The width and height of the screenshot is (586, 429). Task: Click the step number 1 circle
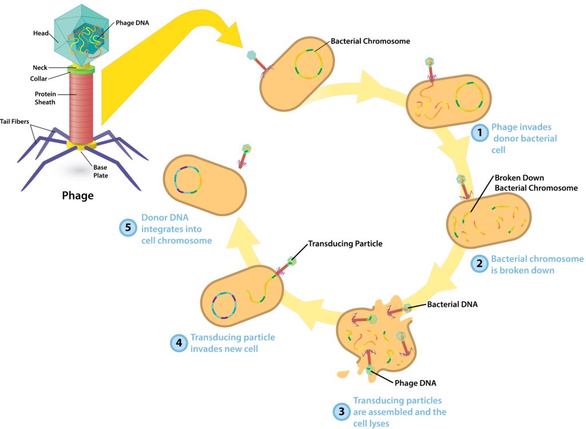[478, 132]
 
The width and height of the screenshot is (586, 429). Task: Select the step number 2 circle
[478, 264]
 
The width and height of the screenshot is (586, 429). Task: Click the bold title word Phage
[78, 196]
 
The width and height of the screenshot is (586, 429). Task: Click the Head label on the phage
[40, 34]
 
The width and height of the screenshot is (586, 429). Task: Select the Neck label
[40, 67]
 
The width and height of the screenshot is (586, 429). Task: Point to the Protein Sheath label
[45, 98]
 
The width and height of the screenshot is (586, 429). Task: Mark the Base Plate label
[101, 172]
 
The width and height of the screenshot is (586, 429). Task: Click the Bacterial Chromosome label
[370, 42]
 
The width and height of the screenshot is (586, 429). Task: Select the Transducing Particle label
[345, 244]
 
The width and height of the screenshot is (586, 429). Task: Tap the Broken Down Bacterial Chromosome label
[536, 183]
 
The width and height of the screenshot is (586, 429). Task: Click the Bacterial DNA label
[452, 304]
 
